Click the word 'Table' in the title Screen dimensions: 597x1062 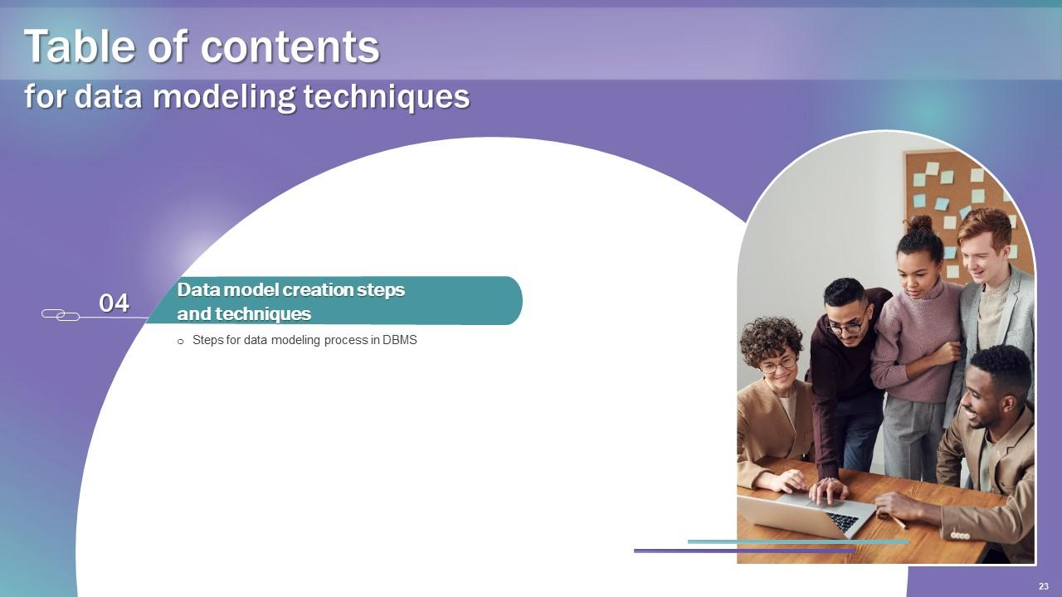79,46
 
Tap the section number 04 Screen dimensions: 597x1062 114,303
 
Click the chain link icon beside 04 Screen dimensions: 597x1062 60,314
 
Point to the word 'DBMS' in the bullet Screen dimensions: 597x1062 399,340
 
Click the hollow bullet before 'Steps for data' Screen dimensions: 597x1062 181,341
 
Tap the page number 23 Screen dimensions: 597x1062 1043,586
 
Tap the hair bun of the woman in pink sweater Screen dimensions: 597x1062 918,224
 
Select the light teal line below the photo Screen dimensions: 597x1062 796,541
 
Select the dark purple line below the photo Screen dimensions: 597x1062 743,550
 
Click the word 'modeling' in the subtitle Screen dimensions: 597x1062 225,97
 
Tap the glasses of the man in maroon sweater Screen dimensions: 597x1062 844,327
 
